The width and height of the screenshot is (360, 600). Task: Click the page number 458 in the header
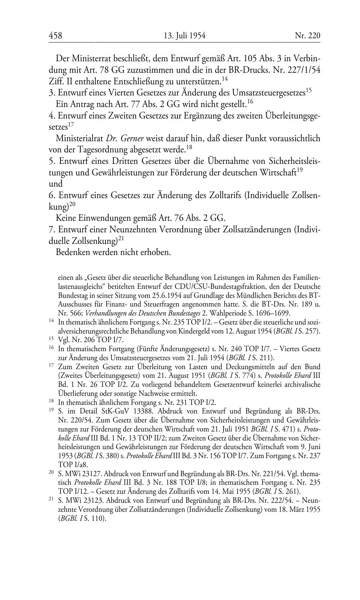55,36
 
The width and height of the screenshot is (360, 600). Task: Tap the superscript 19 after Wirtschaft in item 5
299,170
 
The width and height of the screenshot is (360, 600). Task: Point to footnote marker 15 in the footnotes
51,339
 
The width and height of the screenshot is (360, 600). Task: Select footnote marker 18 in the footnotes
51,401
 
